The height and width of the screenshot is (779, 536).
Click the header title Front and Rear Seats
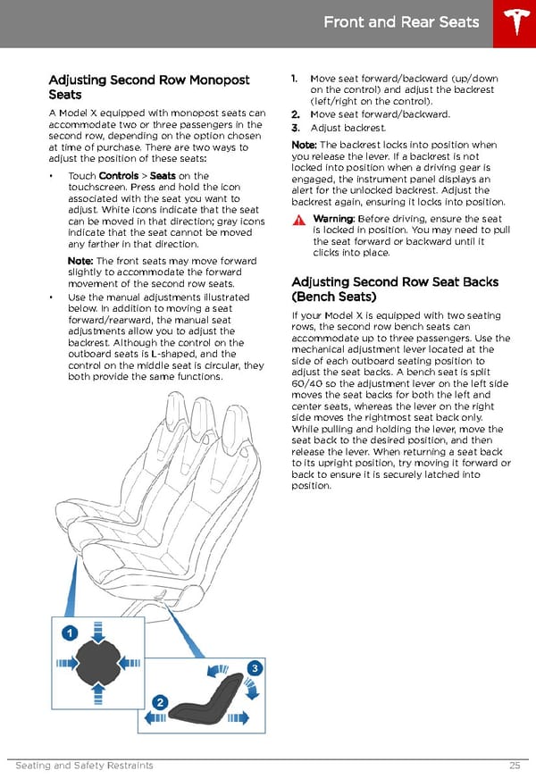tap(401, 22)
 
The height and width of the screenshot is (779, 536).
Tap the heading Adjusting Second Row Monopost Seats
tap(148, 88)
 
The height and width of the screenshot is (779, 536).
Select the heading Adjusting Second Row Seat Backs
tap(395, 289)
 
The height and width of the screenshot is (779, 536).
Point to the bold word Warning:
tap(334, 220)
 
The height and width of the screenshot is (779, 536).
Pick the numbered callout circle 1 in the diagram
tap(68, 632)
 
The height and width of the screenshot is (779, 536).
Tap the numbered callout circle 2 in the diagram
tap(161, 702)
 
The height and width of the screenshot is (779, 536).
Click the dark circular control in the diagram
tap(96, 665)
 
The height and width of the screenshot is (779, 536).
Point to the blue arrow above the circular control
tap(96, 628)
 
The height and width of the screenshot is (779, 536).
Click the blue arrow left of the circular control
tap(65, 665)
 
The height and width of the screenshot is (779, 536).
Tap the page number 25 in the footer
tap(515, 766)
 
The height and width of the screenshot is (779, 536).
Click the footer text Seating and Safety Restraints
tap(85, 766)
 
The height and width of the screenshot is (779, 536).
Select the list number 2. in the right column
tap(297, 114)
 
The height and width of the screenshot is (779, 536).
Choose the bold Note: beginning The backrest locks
tap(305, 145)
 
